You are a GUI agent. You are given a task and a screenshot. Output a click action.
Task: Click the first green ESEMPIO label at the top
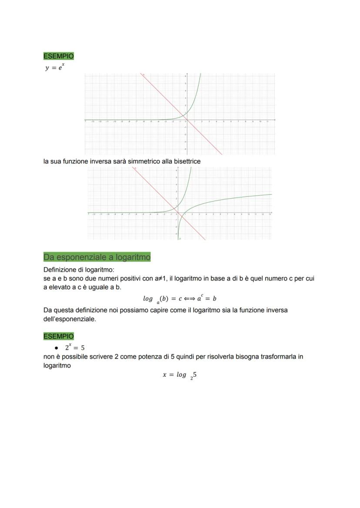pos(58,56)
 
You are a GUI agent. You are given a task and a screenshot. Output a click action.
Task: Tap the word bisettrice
pos(187,161)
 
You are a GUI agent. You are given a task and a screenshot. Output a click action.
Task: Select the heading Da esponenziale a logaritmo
pos(97,257)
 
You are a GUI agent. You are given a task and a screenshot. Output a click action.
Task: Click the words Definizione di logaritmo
pos(78,269)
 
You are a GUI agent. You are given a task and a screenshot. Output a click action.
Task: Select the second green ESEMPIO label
pos(58,336)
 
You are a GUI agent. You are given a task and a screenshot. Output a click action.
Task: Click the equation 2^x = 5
pos(75,347)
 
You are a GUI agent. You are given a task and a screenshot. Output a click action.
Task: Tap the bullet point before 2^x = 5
pos(57,348)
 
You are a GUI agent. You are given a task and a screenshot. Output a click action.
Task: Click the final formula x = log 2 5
pos(180,375)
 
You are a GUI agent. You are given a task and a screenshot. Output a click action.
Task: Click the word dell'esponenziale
pos(70,319)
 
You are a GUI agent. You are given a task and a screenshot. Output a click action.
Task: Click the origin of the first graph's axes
pos(186,120)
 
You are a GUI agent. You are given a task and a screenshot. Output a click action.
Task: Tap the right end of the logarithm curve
pos(271,194)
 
